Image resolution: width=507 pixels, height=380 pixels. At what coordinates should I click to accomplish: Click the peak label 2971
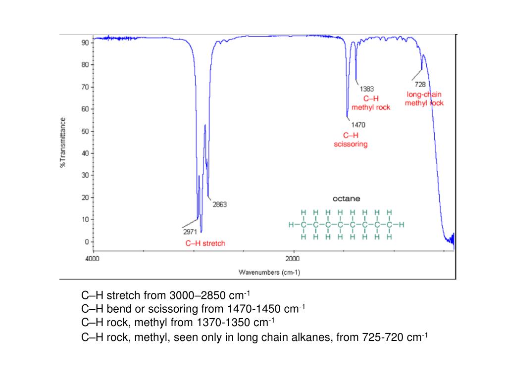pos(189,231)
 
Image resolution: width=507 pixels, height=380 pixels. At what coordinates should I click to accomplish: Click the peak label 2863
pos(219,204)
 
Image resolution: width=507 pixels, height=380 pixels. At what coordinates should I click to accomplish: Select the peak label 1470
pos(358,125)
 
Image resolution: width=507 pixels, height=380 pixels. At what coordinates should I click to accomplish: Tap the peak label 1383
pos(366,89)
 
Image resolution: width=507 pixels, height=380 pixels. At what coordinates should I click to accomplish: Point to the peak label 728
pos(420,85)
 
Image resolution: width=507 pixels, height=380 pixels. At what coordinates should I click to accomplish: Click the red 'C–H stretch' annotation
pos(205,243)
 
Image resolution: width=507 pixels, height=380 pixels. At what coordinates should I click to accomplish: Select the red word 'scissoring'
pos(351,144)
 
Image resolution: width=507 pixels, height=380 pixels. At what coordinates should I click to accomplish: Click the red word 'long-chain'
pos(424,94)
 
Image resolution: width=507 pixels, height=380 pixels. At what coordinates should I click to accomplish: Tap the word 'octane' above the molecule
pos(346,198)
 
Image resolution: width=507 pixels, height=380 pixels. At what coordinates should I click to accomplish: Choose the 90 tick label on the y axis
pos(85,43)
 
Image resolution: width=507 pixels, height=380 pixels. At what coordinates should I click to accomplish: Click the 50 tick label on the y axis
pos(85,131)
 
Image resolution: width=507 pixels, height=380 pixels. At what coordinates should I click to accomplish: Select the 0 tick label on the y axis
pos(86,242)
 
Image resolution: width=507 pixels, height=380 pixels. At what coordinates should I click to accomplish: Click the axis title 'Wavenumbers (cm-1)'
pos(269,272)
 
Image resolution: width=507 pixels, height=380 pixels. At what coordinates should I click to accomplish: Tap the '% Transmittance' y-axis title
pos(63,142)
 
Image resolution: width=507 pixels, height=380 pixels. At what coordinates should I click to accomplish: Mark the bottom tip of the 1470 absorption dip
pos(348,118)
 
